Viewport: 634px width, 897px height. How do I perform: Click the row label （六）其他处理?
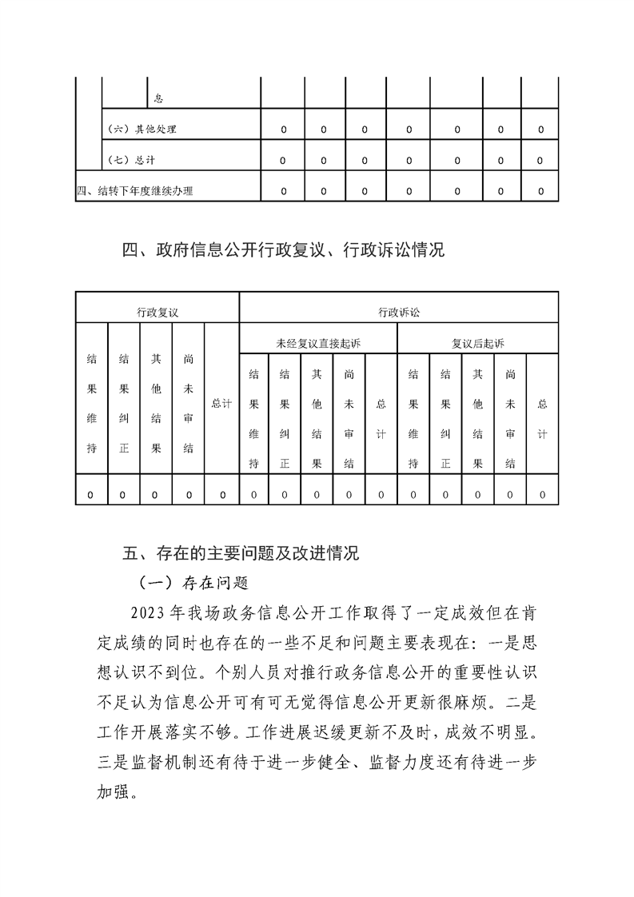pyautogui.click(x=142, y=129)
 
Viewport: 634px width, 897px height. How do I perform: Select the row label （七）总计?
pyautogui.click(x=131, y=160)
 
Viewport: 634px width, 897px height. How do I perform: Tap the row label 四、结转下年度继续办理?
pyautogui.click(x=134, y=191)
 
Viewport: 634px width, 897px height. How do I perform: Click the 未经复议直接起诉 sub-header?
pyautogui.click(x=318, y=343)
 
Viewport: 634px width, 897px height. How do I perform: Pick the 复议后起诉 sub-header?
pyautogui.click(x=478, y=343)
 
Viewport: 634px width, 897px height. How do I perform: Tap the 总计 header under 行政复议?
pyautogui.click(x=221, y=404)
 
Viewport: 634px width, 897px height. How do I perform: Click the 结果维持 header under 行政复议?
pyautogui.click(x=91, y=404)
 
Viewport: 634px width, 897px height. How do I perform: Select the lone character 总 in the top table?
pyautogui.click(x=158, y=98)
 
